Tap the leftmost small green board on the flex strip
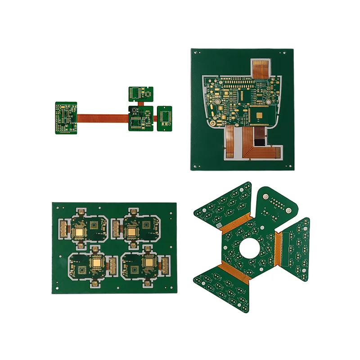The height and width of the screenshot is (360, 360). coord(66,117)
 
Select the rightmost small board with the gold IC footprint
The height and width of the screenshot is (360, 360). coord(165,118)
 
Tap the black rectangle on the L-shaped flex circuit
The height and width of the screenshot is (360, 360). coord(260,143)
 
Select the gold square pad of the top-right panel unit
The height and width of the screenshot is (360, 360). coord(132,232)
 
